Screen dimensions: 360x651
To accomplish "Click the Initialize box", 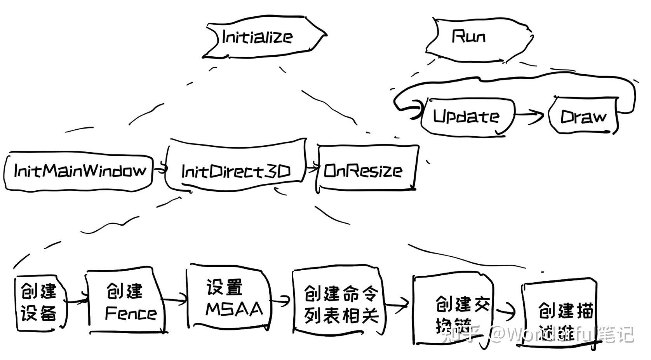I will (264, 38).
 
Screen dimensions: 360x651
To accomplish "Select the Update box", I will (466, 117).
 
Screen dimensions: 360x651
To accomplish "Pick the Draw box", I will (583, 117).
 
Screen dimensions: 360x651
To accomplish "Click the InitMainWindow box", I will (79, 171).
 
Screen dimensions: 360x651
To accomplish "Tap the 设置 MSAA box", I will (229, 298).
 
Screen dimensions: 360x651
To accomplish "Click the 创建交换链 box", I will (453, 311).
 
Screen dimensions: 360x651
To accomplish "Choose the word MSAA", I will (234, 309).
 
